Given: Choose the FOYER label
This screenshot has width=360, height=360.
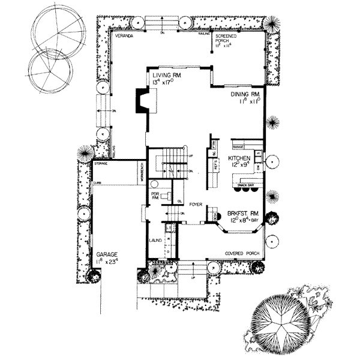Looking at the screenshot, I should click(x=195, y=205).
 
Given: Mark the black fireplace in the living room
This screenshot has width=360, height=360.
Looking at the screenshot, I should click(x=142, y=102).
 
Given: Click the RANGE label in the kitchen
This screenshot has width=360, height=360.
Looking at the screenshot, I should click(x=236, y=146).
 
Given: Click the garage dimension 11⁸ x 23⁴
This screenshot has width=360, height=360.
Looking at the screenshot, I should click(x=107, y=262).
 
